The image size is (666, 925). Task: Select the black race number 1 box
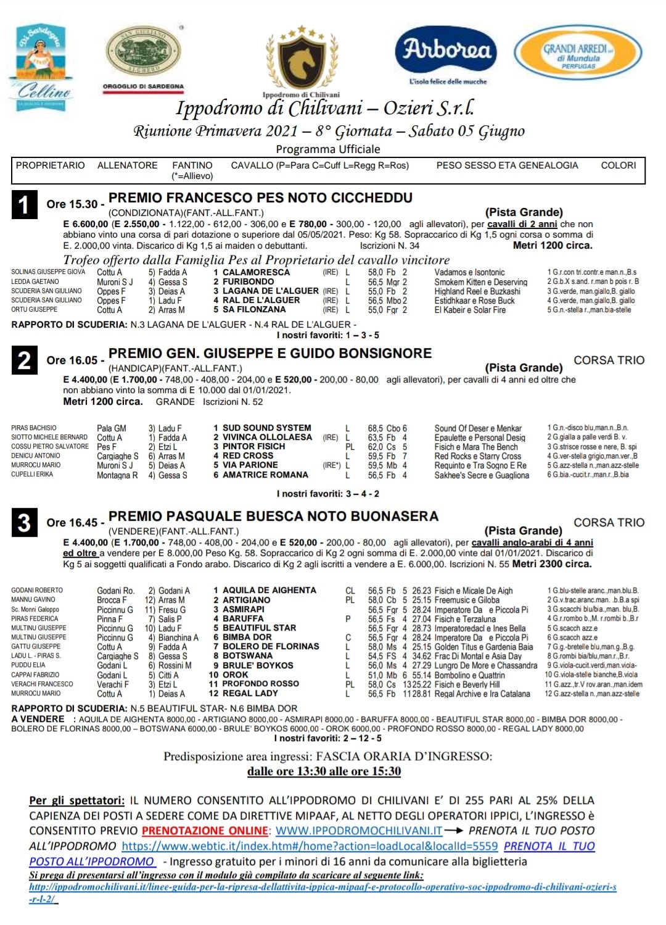click(x=24, y=204)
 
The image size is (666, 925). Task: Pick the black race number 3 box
click(x=24, y=523)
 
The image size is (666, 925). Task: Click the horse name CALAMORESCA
click(x=256, y=272)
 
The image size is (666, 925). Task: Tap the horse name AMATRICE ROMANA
click(x=265, y=475)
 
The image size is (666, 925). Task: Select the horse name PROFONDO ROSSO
click(x=260, y=684)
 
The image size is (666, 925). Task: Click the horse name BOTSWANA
click(x=247, y=655)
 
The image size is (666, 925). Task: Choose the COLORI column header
click(x=619, y=165)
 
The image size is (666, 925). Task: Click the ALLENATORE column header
click(x=127, y=165)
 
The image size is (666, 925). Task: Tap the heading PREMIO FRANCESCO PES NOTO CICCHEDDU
click(x=260, y=198)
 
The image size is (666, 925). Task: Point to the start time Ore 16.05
click(x=72, y=360)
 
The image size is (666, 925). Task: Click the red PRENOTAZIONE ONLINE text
click(x=205, y=831)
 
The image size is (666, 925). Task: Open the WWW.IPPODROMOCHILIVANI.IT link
click(x=359, y=831)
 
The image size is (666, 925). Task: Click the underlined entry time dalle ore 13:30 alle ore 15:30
click(x=324, y=771)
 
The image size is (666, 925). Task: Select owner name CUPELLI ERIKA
click(x=32, y=475)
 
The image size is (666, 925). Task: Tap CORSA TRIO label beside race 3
click(x=609, y=523)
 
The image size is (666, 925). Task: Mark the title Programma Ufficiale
click(x=328, y=149)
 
